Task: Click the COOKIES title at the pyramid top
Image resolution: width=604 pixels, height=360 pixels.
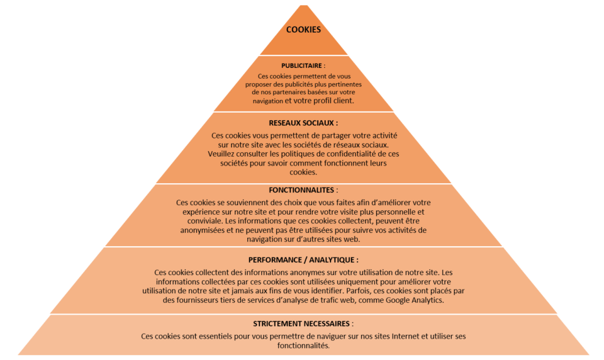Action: (x=303, y=30)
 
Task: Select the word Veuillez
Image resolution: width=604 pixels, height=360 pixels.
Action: (x=221, y=154)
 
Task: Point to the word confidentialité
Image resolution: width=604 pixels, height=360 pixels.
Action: (x=349, y=154)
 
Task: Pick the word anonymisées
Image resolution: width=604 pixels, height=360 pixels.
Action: (x=202, y=230)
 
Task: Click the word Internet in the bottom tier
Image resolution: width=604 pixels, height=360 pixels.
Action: (x=405, y=336)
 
